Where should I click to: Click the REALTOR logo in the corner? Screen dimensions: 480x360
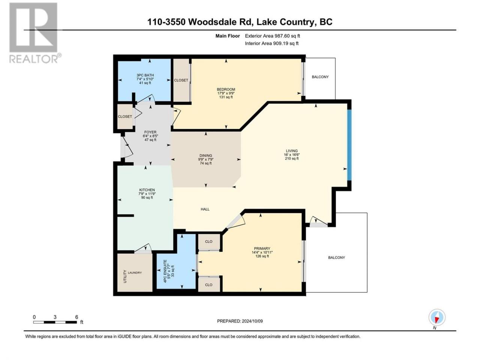tap(35, 33)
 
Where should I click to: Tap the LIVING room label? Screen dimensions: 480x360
tap(291, 151)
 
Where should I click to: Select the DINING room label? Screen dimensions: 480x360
tap(205, 156)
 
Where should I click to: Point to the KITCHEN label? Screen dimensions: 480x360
tap(147, 190)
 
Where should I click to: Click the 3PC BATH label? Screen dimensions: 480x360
tap(145, 75)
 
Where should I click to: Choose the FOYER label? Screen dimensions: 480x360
tap(150, 132)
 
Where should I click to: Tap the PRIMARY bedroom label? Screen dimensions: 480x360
tap(262, 249)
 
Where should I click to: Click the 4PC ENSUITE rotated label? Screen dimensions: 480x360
tap(165, 271)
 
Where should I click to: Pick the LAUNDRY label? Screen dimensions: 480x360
tap(135, 273)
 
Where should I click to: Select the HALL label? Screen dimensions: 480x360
tap(205, 209)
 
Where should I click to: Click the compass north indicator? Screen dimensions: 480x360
tap(437, 318)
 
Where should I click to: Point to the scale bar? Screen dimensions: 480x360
tap(55, 322)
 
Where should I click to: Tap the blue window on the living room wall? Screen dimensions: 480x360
tap(349, 145)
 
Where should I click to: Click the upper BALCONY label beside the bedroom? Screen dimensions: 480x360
tap(320, 77)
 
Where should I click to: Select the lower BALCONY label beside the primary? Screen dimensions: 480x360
tap(336, 258)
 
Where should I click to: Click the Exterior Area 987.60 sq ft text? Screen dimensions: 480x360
tap(273, 36)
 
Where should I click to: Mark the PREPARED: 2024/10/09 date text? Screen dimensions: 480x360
tap(240, 321)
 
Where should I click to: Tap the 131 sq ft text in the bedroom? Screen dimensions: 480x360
tap(226, 97)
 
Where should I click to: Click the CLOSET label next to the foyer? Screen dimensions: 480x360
tap(125, 117)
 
